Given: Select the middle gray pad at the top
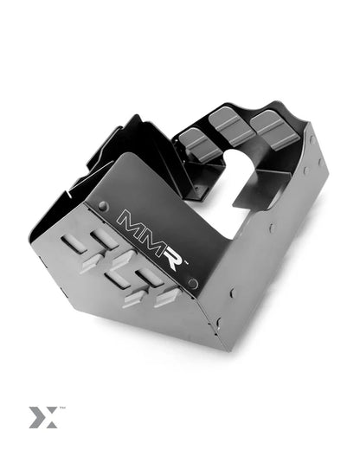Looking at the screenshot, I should point(228,122).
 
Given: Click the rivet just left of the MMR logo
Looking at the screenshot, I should point(104,207).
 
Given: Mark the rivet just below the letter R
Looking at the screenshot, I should point(193,284).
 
